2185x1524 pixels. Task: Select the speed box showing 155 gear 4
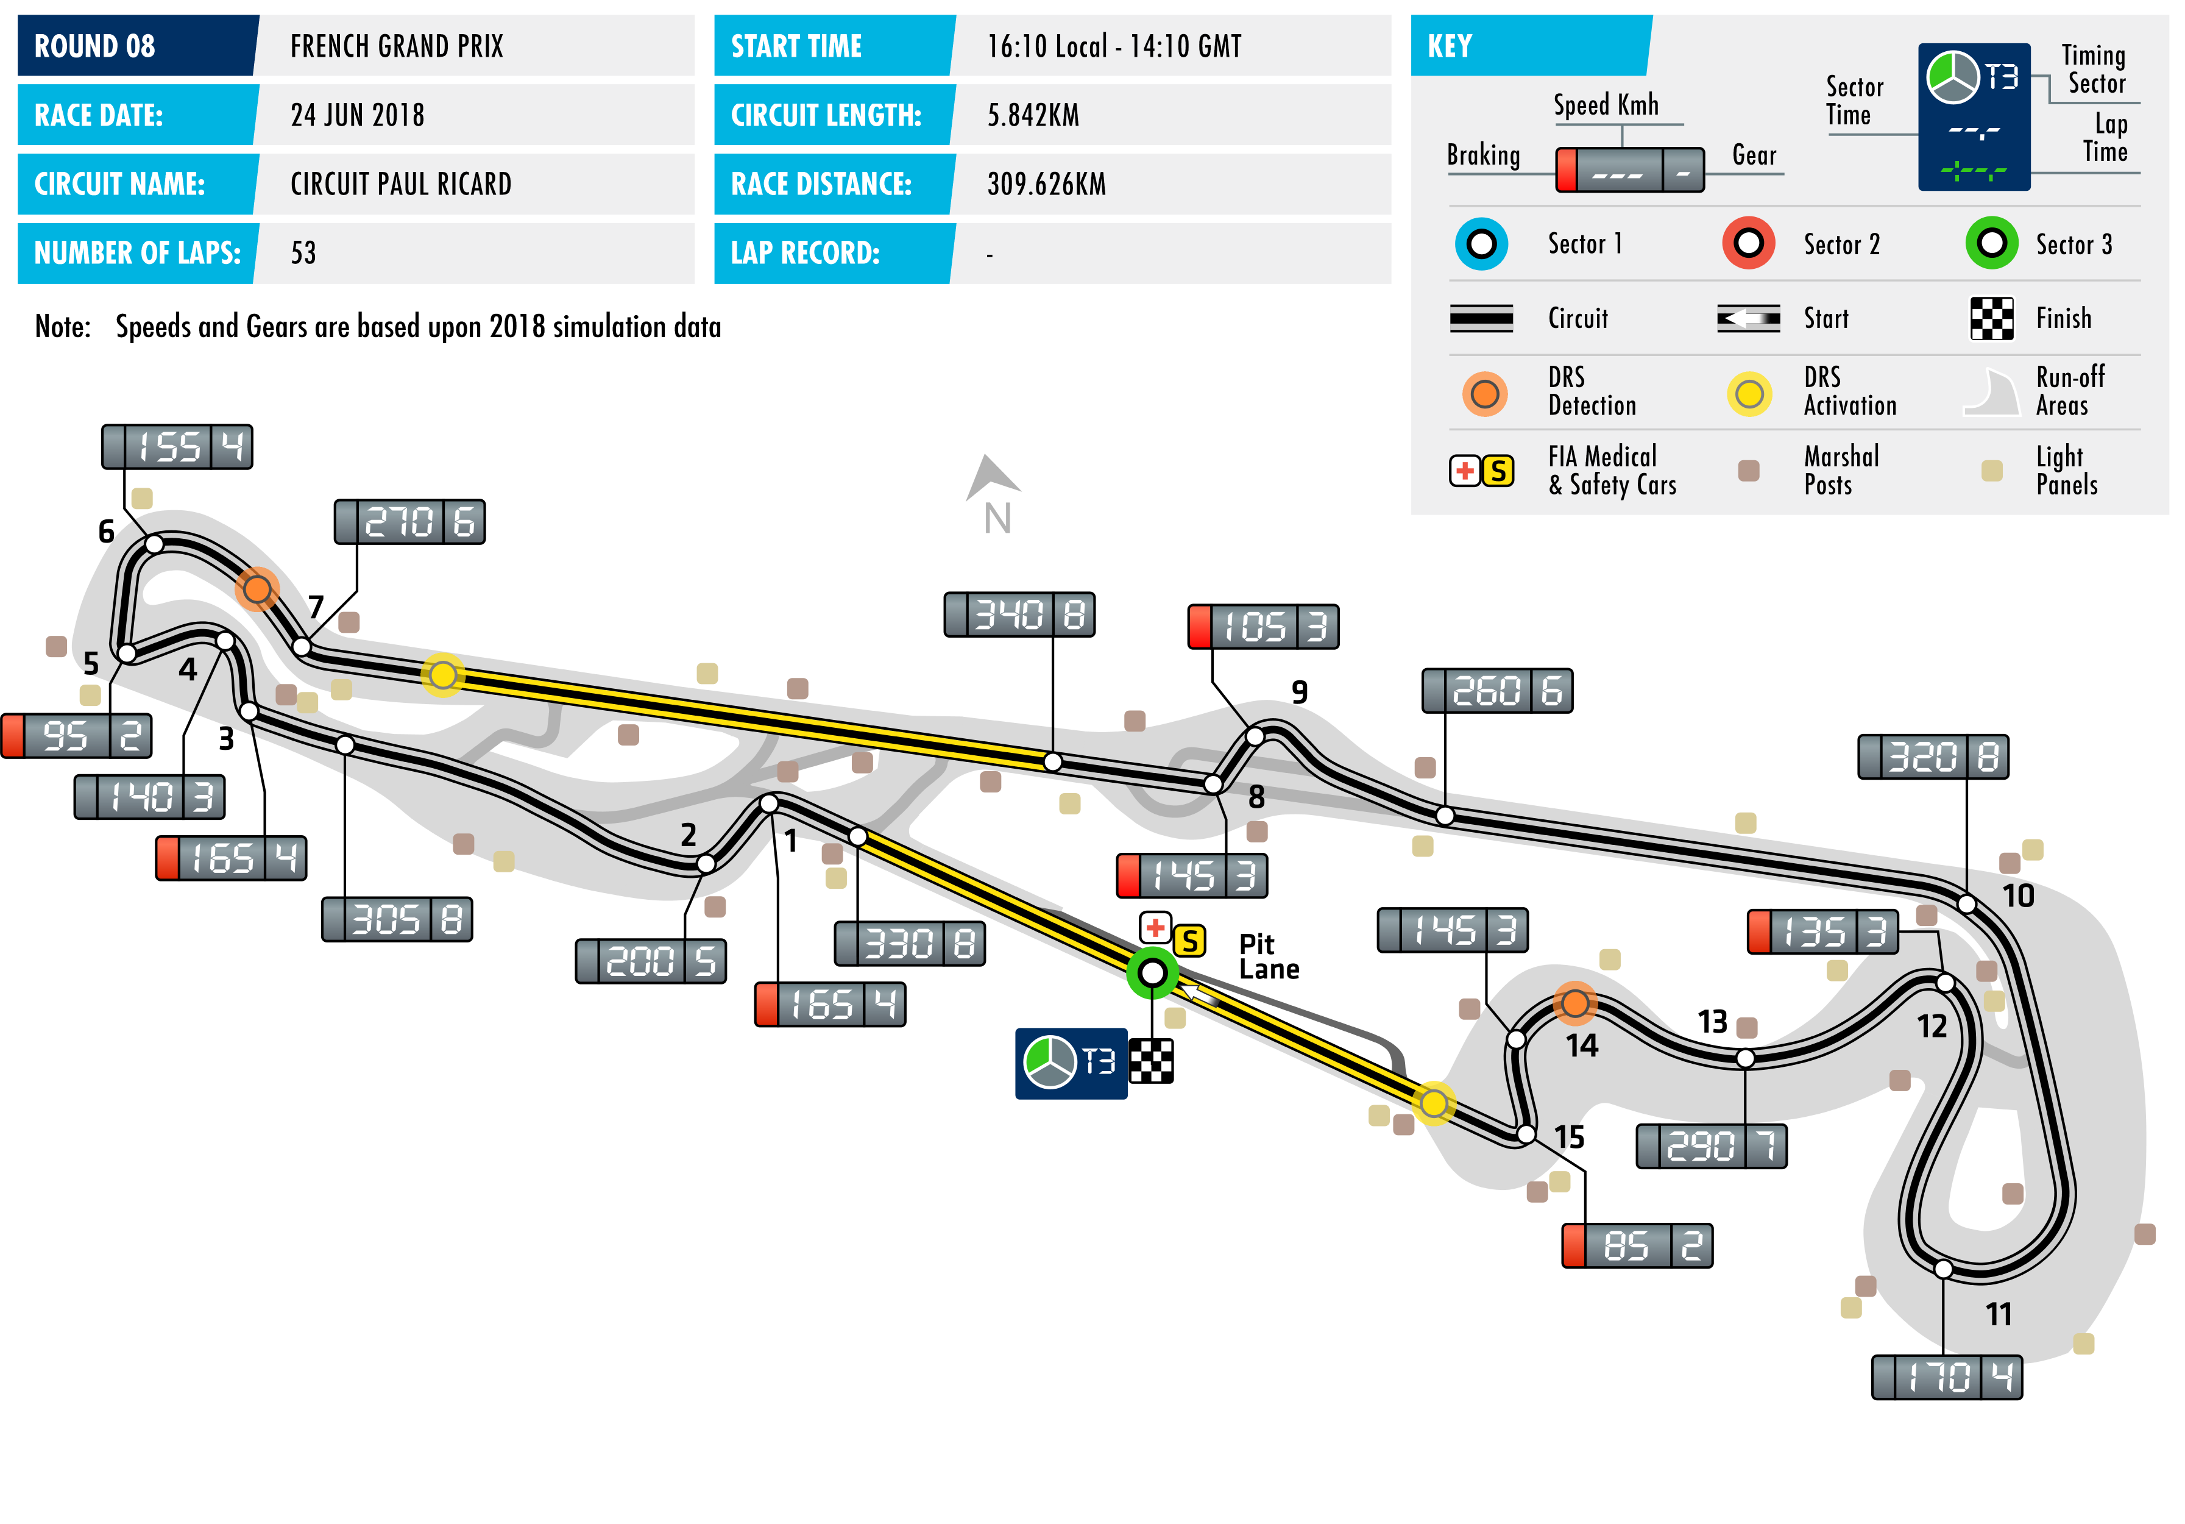click(x=177, y=446)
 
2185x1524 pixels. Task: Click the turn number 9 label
click(x=1299, y=692)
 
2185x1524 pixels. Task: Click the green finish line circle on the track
click(x=1152, y=973)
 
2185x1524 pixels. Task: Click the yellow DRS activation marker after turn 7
click(x=442, y=675)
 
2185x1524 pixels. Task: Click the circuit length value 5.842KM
click(x=1033, y=115)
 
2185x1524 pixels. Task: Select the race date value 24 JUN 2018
click(x=357, y=115)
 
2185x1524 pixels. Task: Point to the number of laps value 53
click(x=303, y=253)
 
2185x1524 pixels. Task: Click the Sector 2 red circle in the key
click(x=1748, y=244)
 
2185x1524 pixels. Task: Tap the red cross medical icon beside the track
click(x=1155, y=926)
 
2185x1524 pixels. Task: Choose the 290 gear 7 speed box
click(x=1710, y=1146)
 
